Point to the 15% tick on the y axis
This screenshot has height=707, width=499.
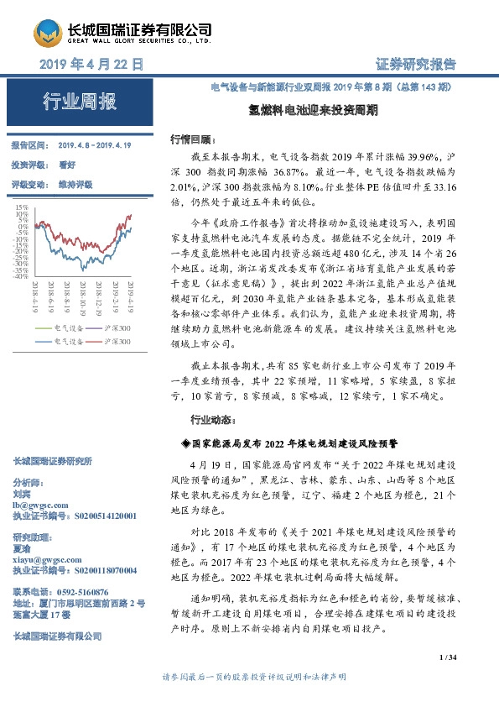pyautogui.click(x=22, y=205)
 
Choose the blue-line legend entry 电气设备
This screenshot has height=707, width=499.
pyautogui.click(x=67, y=342)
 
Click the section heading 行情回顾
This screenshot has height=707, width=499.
pyautogui.click(x=192, y=138)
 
